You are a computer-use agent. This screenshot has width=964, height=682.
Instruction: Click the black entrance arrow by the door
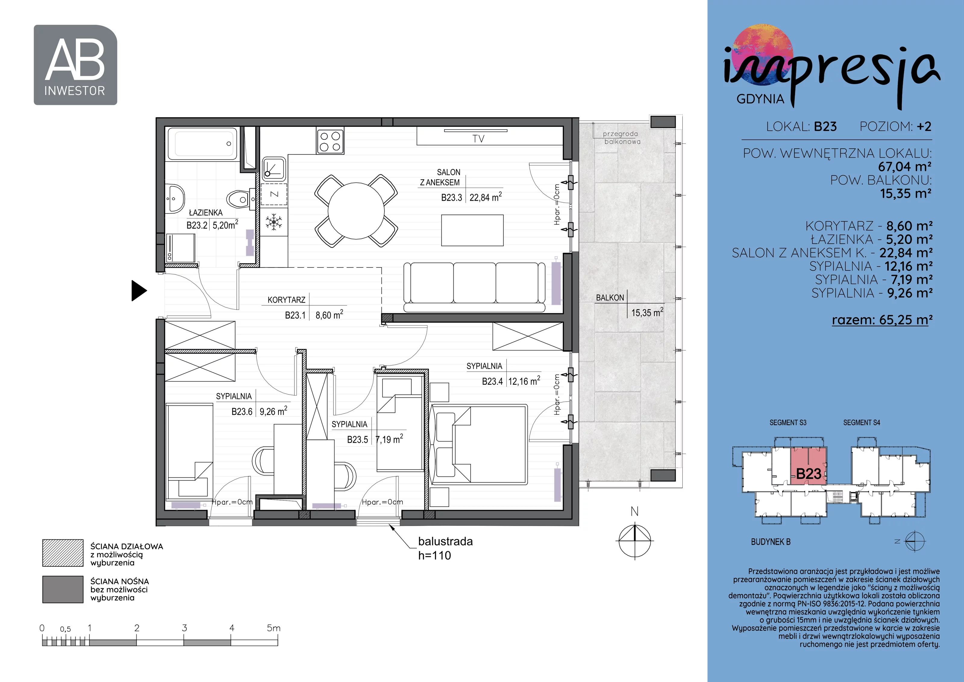tap(139, 291)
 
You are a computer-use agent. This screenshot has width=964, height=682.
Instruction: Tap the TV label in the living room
tap(478, 139)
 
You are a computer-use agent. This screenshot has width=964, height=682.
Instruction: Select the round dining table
tap(356, 210)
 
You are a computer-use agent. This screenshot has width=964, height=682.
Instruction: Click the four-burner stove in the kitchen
tap(330, 141)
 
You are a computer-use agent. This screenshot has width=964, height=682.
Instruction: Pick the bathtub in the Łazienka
tap(202, 144)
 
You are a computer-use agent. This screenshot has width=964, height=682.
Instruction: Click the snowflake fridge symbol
tap(274, 222)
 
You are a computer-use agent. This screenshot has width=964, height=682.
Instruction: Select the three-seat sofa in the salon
tap(474, 287)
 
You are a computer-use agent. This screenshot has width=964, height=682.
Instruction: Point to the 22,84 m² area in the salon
tap(485, 197)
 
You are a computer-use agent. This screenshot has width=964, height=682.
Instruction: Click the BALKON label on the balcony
tap(610, 298)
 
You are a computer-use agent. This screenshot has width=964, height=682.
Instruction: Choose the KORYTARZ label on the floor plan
tap(286, 300)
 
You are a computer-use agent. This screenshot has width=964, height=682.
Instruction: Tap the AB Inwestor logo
tap(75, 65)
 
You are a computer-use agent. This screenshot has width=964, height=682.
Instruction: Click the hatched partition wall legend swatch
tap(63, 553)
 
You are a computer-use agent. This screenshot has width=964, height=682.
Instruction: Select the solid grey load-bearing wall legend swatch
tap(63, 589)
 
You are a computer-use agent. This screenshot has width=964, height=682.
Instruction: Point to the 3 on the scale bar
tap(184, 628)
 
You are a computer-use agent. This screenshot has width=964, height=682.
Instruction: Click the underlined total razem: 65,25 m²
tap(882, 320)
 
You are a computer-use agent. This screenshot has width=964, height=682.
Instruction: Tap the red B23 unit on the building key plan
tap(808, 466)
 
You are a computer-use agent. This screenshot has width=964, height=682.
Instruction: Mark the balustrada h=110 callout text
tap(445, 548)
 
